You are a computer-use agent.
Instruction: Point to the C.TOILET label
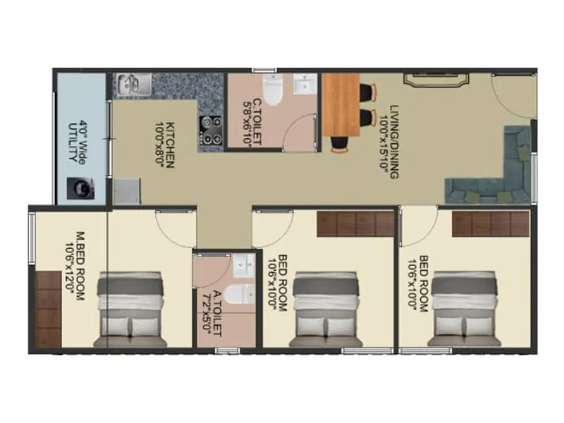tap(257, 122)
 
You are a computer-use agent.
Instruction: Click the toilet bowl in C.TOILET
tap(273, 89)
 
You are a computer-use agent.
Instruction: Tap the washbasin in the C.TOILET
tap(306, 86)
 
